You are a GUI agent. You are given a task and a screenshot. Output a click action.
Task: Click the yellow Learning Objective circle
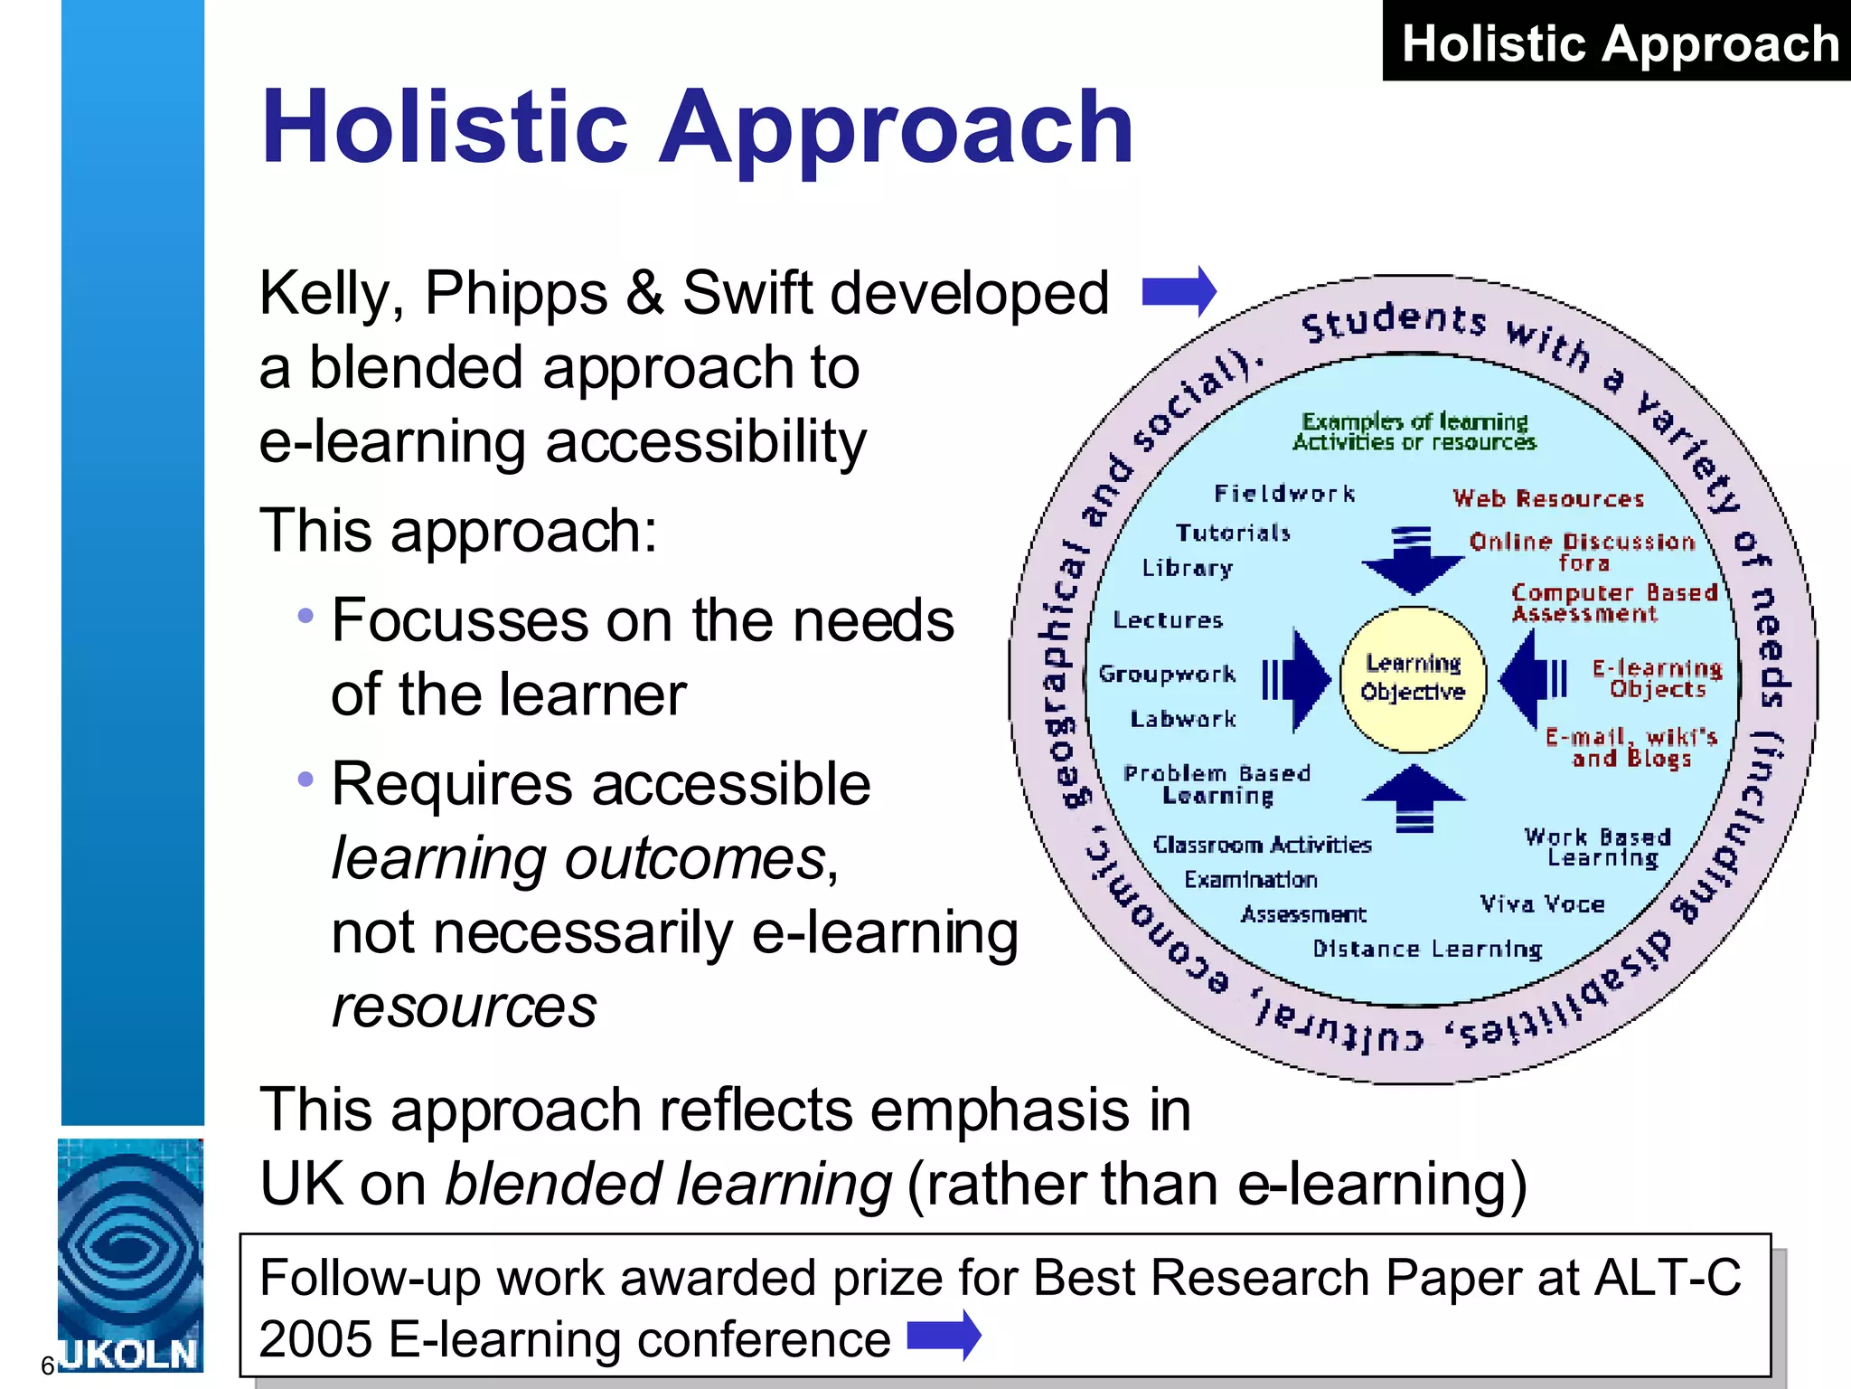coord(1413,679)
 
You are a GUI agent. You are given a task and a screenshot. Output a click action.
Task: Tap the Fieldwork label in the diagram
coord(1284,494)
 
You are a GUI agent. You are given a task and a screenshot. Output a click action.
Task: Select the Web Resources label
coord(1548,498)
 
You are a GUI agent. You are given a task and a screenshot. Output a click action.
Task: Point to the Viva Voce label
coord(1542,903)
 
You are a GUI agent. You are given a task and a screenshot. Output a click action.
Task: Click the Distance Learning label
coord(1427,949)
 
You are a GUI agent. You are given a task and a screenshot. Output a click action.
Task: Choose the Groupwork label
coord(1167,674)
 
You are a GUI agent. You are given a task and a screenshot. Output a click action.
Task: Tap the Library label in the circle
coord(1187,568)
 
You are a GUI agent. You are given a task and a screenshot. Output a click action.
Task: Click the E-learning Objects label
coord(1657,678)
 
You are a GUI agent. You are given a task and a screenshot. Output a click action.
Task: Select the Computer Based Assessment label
coord(1614,603)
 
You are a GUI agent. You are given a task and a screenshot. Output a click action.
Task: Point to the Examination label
coord(1251,879)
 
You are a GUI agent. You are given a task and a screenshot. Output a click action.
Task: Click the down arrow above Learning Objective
coord(1413,562)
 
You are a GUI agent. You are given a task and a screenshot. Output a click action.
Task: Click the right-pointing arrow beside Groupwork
coord(1298,679)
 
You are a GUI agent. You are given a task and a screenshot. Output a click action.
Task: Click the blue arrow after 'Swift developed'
coord(1179,291)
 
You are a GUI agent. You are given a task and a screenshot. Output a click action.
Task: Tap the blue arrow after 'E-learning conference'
coord(944,1335)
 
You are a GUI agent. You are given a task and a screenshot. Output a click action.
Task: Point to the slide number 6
coord(48,1365)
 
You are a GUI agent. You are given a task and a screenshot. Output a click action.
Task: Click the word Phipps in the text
coord(516,294)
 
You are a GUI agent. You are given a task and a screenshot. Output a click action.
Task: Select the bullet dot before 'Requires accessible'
coord(305,779)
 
